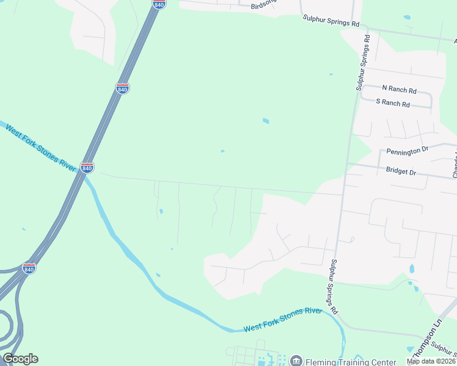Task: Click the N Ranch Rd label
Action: (399, 89)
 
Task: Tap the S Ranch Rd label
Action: (393, 103)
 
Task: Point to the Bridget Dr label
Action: (401, 173)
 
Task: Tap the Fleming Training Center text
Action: (340, 360)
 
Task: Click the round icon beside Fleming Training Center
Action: (296, 360)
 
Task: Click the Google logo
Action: (20, 359)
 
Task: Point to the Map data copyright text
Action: (431, 361)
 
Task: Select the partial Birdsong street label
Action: (263, 5)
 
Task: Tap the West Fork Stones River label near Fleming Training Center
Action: (282, 320)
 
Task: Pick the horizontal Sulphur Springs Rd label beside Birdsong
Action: (331, 21)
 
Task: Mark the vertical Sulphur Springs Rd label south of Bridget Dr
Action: (334, 287)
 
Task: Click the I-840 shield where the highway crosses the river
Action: (87, 167)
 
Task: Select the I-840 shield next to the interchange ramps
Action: (29, 268)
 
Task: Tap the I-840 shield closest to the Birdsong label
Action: (159, 4)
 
